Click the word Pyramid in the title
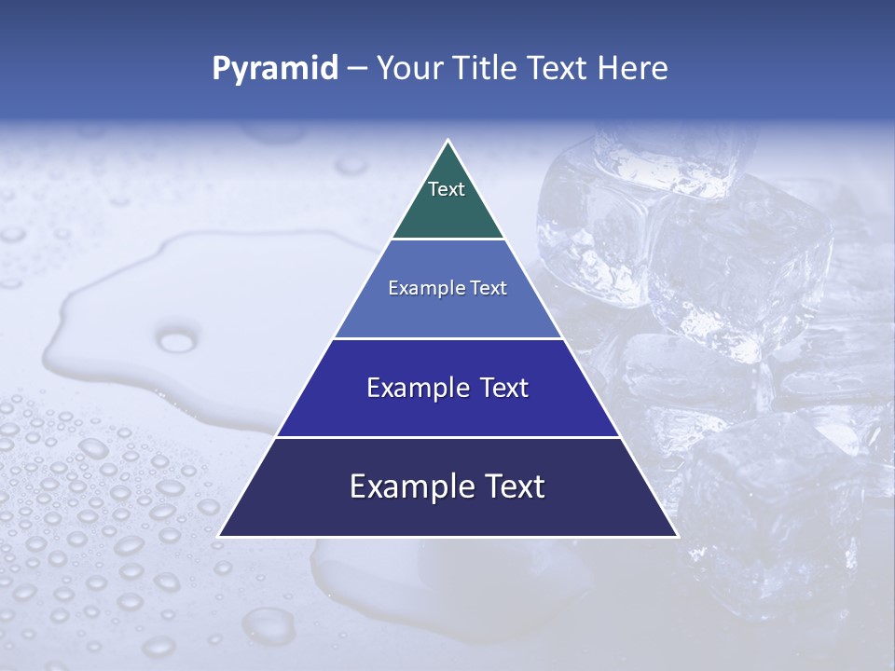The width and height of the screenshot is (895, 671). pyautogui.click(x=274, y=69)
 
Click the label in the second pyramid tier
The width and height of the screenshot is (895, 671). pyautogui.click(x=447, y=289)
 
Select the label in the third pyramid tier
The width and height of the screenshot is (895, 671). pyautogui.click(x=447, y=388)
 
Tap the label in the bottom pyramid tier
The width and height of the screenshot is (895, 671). pyautogui.click(x=447, y=486)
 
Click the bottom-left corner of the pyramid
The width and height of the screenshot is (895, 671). pyautogui.click(x=219, y=536)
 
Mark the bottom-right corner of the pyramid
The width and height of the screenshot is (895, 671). pyautogui.click(x=677, y=536)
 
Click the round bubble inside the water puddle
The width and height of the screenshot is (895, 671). pyautogui.click(x=177, y=341)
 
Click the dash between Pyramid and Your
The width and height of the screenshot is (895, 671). pyautogui.click(x=357, y=69)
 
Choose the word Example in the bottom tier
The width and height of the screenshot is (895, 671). pyautogui.click(x=409, y=486)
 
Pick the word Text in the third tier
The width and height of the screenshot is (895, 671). pyautogui.click(x=503, y=388)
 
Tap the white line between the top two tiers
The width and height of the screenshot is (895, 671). pyautogui.click(x=447, y=240)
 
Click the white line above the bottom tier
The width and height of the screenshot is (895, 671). pyautogui.click(x=447, y=437)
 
